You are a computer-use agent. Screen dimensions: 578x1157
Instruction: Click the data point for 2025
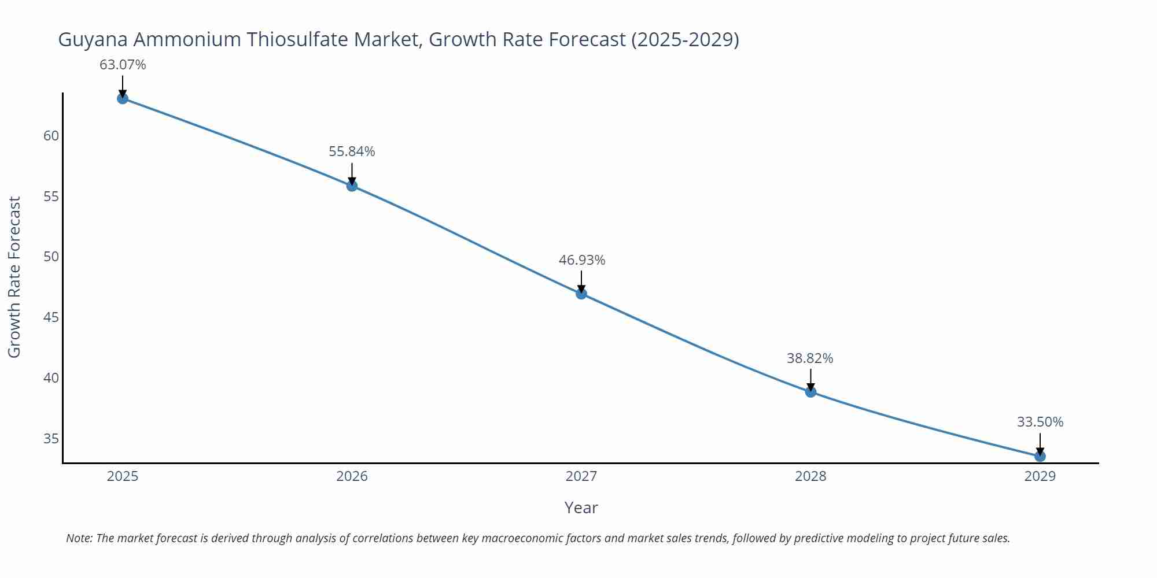coord(123,99)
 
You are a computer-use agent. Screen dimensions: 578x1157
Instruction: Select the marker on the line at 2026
coord(352,186)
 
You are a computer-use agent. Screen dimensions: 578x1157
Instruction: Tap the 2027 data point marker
coord(581,294)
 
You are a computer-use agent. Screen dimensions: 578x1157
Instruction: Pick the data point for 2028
coord(810,392)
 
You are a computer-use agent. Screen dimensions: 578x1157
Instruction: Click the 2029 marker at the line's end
coord(1040,456)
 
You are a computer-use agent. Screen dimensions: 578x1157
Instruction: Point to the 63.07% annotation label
coord(123,65)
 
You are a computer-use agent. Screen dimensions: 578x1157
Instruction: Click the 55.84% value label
coord(352,151)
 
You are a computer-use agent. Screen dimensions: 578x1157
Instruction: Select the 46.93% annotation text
coord(581,260)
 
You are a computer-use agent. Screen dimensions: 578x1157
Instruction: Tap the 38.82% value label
coord(810,358)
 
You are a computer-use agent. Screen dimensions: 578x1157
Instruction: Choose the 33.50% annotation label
coord(1040,422)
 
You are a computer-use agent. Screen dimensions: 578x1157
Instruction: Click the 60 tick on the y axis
coord(51,136)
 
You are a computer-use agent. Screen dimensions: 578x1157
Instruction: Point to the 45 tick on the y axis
coord(51,317)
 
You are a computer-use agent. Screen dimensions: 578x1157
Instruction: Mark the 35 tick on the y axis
coord(51,439)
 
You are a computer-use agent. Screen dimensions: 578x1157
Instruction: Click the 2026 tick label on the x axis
coord(352,476)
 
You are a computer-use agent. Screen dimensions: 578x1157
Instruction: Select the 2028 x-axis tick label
coord(810,476)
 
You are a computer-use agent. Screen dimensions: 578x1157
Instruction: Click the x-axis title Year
coord(581,507)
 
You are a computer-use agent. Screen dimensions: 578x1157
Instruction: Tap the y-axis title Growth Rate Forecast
coord(14,277)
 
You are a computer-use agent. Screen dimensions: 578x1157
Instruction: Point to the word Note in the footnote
coord(79,538)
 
